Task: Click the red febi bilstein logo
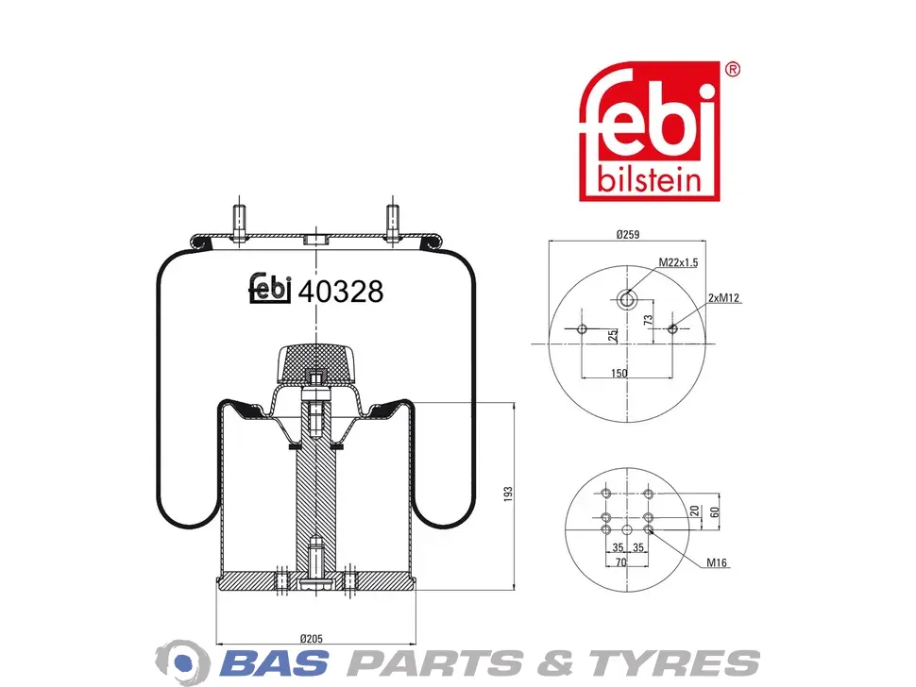click(649, 131)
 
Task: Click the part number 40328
click(341, 291)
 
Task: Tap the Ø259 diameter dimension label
click(627, 234)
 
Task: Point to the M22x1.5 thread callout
click(678, 262)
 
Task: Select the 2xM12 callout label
click(723, 297)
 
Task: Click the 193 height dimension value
click(508, 494)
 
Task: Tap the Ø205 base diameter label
click(312, 639)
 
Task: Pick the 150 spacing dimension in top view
click(619, 373)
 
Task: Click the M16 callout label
click(716, 562)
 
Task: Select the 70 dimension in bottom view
click(621, 562)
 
